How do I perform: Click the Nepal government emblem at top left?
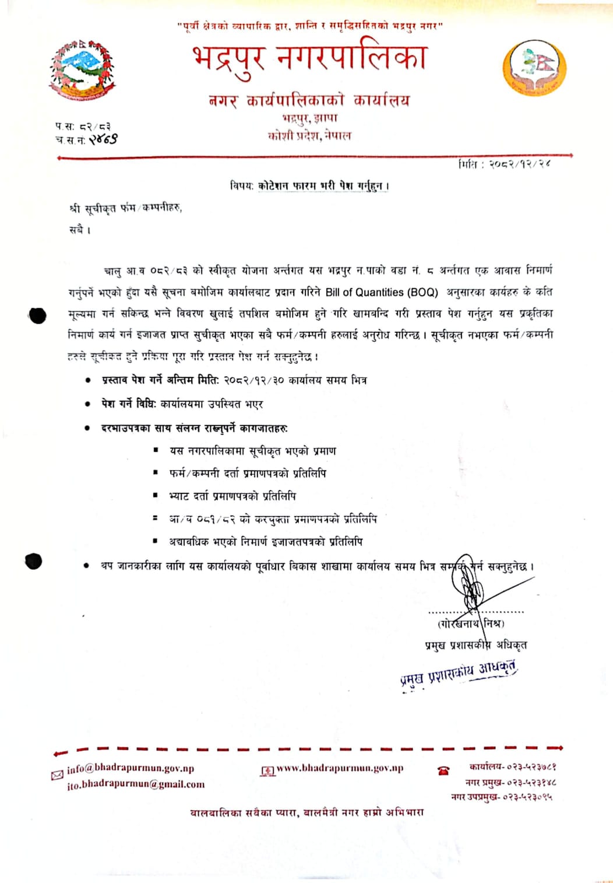(x=82, y=70)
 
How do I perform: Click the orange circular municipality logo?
(x=534, y=68)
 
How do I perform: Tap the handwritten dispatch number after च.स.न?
(x=103, y=139)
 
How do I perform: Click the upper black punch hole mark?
(x=37, y=316)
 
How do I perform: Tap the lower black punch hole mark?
(x=34, y=561)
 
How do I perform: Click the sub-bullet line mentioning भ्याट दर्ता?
(x=232, y=496)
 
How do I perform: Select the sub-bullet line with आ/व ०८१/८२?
(x=272, y=518)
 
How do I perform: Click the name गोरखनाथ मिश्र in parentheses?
(x=471, y=623)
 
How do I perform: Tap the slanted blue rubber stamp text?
(x=459, y=674)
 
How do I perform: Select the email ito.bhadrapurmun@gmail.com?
(x=136, y=784)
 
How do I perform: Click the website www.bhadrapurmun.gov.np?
(x=339, y=769)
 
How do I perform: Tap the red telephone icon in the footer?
(x=443, y=770)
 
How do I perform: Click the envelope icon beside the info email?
(x=57, y=775)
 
